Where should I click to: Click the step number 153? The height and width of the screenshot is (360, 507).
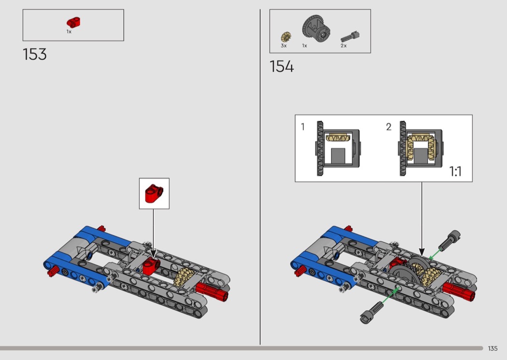coord(35,55)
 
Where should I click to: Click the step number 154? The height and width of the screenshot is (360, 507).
coord(282,67)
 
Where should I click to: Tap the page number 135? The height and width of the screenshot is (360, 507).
coord(493,348)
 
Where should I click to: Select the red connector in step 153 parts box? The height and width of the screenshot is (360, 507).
coord(74,22)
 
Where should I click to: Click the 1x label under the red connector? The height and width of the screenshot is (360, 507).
coord(69,32)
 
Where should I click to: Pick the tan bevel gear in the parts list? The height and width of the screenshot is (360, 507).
coord(286,37)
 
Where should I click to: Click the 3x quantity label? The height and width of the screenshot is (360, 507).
coord(283,46)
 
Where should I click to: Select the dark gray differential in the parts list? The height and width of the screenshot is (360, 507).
coord(316,28)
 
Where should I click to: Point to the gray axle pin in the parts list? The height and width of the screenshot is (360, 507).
coord(350,36)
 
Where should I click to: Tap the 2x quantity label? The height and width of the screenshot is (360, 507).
coord(343,46)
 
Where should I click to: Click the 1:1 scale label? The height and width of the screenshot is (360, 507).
coord(455,171)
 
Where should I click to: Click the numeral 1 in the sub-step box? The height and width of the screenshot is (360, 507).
coord(303,127)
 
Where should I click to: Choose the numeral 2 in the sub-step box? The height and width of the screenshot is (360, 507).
coord(389,127)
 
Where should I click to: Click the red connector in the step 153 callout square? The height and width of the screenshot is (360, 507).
coord(154,193)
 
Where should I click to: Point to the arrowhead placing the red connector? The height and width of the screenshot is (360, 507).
coord(153,254)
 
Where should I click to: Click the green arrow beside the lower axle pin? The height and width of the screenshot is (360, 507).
coord(390,295)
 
